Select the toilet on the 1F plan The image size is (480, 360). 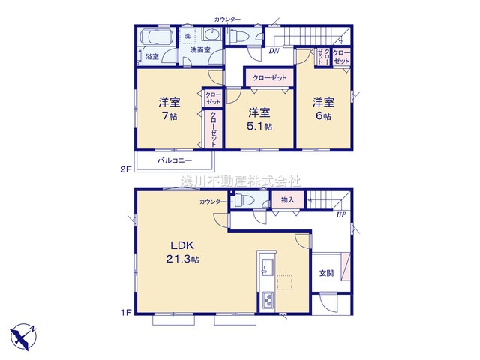[x=243, y=201]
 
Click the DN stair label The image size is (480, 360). [x=274, y=51]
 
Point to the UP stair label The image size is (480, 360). [x=341, y=215]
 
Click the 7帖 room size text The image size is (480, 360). [x=169, y=116]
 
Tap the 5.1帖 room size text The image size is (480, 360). [x=259, y=127]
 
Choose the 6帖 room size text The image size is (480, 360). [x=323, y=116]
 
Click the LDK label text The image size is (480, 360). [x=182, y=245]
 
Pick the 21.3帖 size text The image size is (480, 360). [x=182, y=259]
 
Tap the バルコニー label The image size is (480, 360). [x=175, y=160]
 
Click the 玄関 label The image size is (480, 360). [x=327, y=273]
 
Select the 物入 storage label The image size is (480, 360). [x=288, y=200]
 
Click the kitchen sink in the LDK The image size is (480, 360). [x=268, y=266]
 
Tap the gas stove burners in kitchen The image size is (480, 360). [x=268, y=299]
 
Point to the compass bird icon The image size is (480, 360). [x=23, y=337]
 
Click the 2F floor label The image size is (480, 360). [x=125, y=169]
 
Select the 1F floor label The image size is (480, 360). [x=126, y=313]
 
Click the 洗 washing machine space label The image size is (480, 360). [x=187, y=36]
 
